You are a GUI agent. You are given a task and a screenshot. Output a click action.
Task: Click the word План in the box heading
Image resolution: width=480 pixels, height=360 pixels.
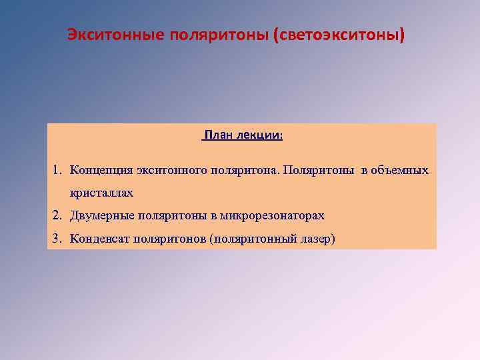click(219, 135)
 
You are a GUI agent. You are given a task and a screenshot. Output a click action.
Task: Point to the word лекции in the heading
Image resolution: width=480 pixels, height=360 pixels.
click(260, 135)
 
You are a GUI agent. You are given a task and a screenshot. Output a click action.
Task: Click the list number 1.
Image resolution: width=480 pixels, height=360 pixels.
click(57, 170)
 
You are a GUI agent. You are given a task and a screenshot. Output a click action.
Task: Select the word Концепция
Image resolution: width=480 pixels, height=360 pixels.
click(101, 170)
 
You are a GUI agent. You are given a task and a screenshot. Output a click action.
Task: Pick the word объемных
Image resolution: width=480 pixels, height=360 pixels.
click(400, 170)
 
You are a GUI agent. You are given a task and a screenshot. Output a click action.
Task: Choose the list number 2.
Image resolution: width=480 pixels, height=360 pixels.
click(57, 215)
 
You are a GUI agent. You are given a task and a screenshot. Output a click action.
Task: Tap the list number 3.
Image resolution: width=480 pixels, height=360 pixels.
click(57, 239)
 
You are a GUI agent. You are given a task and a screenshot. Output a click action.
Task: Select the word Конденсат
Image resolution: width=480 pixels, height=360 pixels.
click(101, 239)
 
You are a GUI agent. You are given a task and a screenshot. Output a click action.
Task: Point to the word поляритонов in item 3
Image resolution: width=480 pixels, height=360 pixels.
click(169, 239)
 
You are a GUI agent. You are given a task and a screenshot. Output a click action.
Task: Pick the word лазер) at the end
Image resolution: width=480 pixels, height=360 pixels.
click(315, 239)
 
